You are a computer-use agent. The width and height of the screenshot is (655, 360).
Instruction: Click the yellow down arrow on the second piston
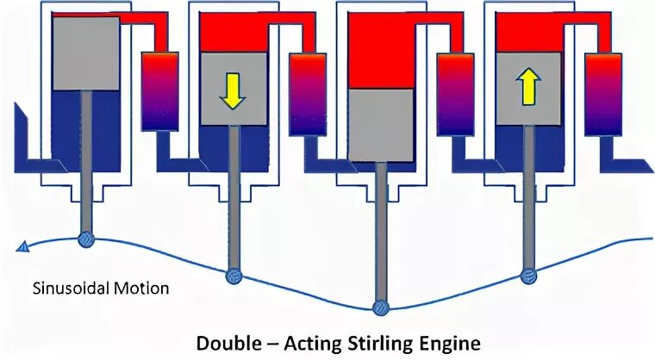coord(231,90)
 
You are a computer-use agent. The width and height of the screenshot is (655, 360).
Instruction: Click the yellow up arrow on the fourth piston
coord(527,87)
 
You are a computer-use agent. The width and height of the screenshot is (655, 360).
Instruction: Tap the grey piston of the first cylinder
coord(85,53)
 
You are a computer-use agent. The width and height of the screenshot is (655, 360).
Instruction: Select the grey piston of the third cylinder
coord(380,126)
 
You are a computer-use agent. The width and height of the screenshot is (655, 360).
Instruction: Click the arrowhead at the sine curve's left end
coord(22,248)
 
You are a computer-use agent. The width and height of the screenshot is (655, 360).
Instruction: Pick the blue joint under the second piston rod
coord(233,276)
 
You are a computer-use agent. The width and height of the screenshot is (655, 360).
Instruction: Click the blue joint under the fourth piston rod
coord(528,276)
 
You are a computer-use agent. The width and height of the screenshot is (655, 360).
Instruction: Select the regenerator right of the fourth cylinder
coord(603,94)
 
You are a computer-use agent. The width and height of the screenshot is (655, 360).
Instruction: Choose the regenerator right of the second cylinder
coord(307,94)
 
